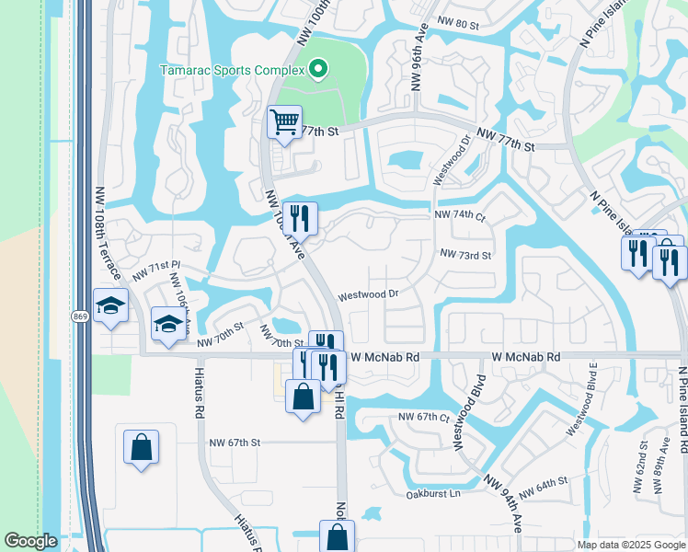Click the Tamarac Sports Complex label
(x=232, y=69)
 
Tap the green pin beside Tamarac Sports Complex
(x=318, y=68)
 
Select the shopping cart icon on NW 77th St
(x=285, y=121)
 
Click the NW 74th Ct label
(x=459, y=215)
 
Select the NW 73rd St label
(x=465, y=254)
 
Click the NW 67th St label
(x=235, y=443)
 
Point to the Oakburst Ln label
(x=432, y=494)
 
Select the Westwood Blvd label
(x=469, y=418)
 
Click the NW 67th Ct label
(x=423, y=417)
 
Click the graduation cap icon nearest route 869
(x=110, y=306)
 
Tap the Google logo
(x=31, y=542)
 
